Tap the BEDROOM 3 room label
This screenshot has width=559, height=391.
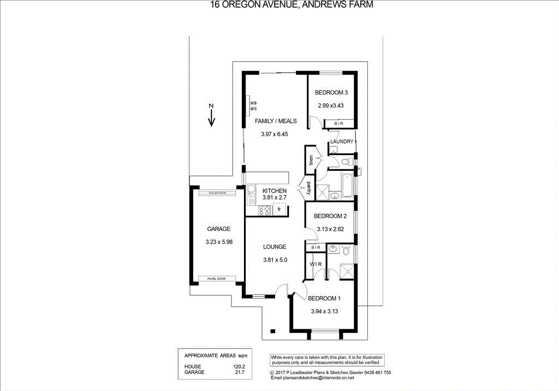coord(331,93)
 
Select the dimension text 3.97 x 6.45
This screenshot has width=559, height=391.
coord(274,134)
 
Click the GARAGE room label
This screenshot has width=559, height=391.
coord(218,229)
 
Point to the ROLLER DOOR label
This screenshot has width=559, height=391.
coord(217,193)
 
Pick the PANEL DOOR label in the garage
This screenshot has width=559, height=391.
coord(216,279)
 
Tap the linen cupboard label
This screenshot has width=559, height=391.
coord(311,160)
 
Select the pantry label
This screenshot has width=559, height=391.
coord(308,188)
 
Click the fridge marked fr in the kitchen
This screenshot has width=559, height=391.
coord(279,209)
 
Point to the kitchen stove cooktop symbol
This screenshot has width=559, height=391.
coord(265,210)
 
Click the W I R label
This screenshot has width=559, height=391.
coord(316,264)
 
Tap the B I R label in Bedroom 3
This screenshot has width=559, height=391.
coord(331,125)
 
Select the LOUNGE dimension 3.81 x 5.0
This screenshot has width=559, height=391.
coord(275,260)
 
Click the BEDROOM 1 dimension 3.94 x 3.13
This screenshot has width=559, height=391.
coord(325,312)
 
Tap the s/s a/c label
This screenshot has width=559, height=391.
coord(253,106)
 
